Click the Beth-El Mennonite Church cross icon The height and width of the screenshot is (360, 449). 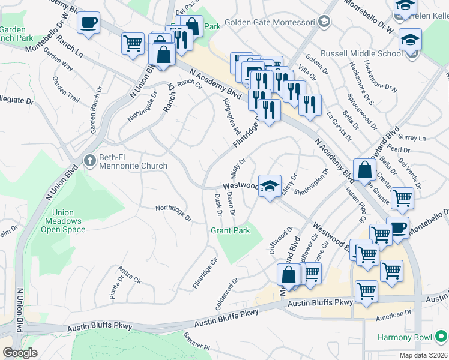point(89,160)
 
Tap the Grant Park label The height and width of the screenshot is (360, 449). point(230,230)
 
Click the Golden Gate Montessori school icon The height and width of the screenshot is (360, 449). point(324,23)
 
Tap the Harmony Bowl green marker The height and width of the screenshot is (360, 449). point(442,337)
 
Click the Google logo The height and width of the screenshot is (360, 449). point(20,353)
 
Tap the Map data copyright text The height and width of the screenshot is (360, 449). point(423,355)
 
